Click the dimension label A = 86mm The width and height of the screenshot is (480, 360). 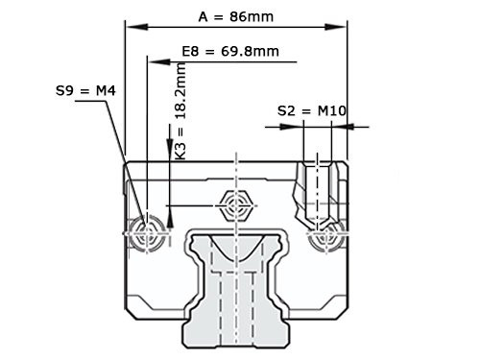pos(235,16)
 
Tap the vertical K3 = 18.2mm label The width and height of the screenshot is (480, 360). pos(180,109)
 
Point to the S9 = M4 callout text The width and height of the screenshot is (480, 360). pos(85,91)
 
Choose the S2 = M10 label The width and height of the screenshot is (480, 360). pos(311,110)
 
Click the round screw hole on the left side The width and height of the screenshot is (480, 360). pos(146,231)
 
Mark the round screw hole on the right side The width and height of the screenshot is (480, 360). pos(325,231)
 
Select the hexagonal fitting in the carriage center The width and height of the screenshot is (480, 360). pos(235,204)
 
